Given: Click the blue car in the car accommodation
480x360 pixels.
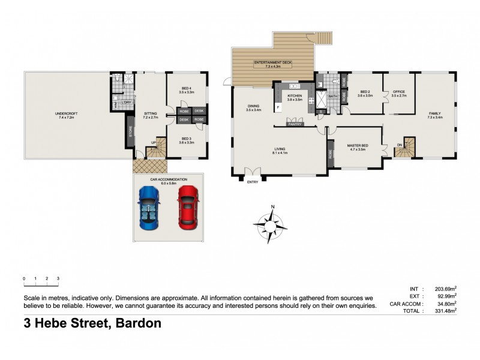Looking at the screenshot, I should coord(148,207).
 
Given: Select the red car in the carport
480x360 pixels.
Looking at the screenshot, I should coord(187,207).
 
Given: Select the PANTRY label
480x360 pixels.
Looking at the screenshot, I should coord(295,125).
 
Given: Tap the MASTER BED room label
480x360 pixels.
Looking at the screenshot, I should coord(358,146).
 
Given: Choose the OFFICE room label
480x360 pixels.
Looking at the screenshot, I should coord(398,92).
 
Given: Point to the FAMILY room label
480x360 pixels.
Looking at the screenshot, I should coord(435,113).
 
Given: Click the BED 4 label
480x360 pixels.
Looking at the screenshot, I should coord(187,89).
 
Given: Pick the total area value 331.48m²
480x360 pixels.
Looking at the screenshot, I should coord(445,311).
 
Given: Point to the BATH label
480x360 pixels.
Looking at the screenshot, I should coord(332,96).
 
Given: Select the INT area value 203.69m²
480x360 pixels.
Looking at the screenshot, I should coord(445,289).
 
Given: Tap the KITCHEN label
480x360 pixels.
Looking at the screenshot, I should coord(294,96).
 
